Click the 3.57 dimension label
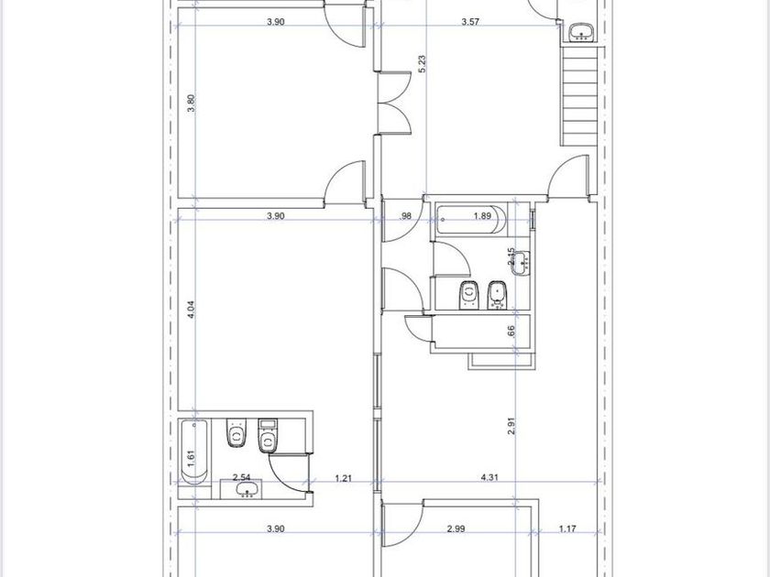[470, 22]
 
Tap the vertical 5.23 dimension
[423, 64]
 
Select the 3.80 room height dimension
[192, 103]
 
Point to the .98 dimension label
[406, 216]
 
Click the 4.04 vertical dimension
[192, 310]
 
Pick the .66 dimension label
[511, 332]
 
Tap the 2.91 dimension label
[511, 426]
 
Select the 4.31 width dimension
[489, 477]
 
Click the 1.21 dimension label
[343, 478]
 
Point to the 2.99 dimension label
[456, 529]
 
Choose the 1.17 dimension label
[567, 529]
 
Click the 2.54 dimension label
[242, 477]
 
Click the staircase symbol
[579, 95]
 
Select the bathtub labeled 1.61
[194, 452]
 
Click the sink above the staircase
[582, 33]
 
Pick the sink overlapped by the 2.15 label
[520, 264]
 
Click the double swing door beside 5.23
[394, 102]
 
